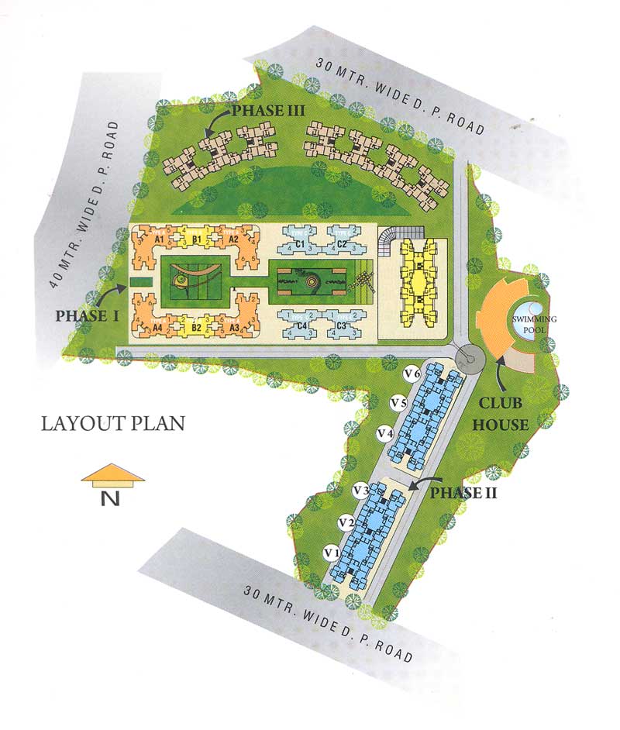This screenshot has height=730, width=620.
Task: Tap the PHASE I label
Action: coord(85,315)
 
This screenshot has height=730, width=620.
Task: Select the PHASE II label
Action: coord(463,492)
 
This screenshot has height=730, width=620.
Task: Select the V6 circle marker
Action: coord(412,374)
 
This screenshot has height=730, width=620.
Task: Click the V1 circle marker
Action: coord(332,553)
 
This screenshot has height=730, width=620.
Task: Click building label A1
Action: coord(161,240)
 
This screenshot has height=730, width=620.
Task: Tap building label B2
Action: coord(197,328)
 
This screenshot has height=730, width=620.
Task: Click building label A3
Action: coord(232,328)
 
